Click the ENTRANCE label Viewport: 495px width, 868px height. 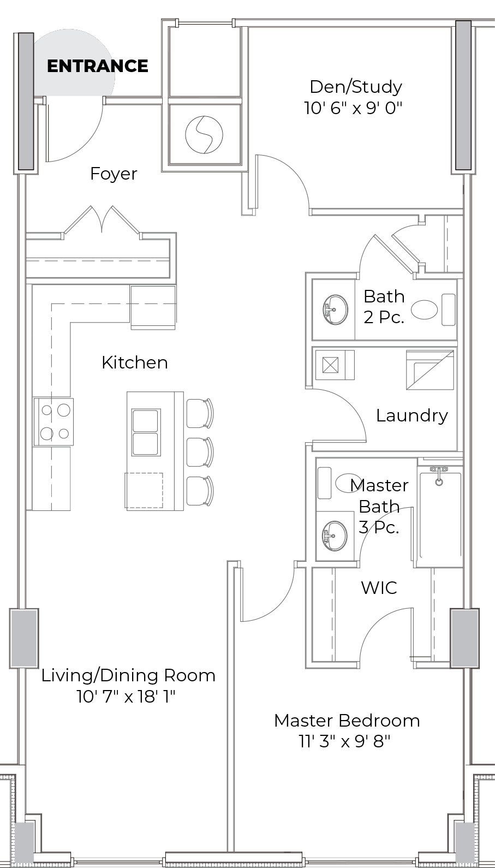coord(98,66)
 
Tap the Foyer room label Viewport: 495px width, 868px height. coord(114,174)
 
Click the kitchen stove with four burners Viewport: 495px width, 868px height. coord(53,421)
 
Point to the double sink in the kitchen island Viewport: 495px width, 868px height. coord(146,432)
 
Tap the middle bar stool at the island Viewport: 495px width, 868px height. coord(200,452)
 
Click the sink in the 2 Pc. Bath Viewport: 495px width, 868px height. coord(335,310)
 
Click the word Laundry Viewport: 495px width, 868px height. coord(411,416)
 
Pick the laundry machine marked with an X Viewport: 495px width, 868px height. coord(334,365)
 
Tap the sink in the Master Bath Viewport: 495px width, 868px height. coord(335,536)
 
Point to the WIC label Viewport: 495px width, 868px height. coord(379,588)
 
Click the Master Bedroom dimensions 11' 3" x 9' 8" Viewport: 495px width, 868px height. coord(344,742)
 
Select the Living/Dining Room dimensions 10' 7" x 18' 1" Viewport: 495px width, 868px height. coord(126,697)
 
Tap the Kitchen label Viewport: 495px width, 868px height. coord(135,362)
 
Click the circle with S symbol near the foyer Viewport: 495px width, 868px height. coord(204,134)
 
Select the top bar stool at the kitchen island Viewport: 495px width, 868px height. coord(200,413)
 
